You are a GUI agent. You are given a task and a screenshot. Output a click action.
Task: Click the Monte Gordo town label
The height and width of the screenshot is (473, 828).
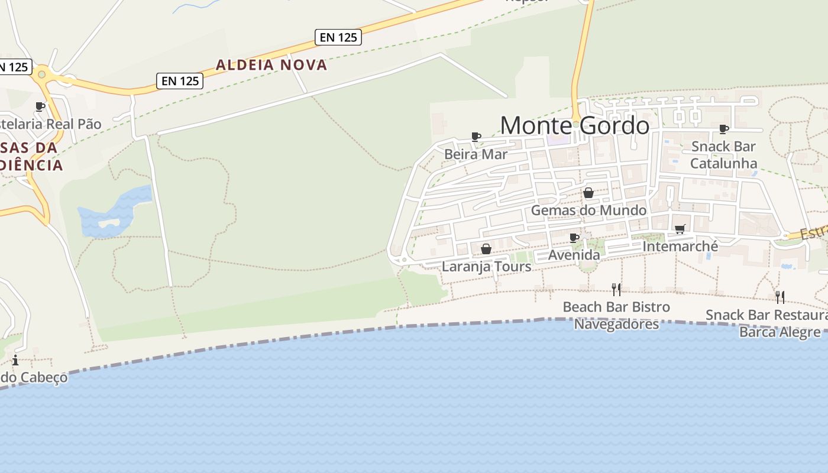(575, 125)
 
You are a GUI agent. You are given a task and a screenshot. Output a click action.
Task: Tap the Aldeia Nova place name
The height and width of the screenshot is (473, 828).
(271, 65)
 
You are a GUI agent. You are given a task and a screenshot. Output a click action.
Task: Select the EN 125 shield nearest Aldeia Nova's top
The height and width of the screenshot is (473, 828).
(338, 37)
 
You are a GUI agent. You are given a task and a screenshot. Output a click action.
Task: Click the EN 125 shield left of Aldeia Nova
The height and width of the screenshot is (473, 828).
(180, 81)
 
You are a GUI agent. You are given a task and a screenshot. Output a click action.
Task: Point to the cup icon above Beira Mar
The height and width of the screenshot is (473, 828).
(476, 137)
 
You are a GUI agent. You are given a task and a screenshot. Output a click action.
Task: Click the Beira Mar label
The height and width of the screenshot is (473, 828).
(476, 154)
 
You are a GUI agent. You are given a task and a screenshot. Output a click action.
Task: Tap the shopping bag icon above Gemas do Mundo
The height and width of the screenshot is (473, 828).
(588, 193)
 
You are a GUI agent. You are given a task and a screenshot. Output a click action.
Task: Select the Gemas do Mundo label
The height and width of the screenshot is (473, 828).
(588, 210)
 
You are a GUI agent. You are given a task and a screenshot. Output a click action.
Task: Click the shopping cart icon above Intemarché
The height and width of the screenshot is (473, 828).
(680, 229)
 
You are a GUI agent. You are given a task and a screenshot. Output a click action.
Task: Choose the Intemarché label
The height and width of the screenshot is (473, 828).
(680, 246)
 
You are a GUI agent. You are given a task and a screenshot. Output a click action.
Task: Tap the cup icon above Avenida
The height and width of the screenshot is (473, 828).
(574, 238)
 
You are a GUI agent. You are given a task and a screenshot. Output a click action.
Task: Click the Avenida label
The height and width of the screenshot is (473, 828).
(574, 255)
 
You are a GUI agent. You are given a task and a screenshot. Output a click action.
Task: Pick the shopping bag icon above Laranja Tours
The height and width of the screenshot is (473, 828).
(486, 249)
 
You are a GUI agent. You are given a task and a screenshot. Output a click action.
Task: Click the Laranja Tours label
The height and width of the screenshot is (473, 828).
(487, 267)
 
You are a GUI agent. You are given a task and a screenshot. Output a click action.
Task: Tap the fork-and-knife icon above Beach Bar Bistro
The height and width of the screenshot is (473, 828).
(616, 289)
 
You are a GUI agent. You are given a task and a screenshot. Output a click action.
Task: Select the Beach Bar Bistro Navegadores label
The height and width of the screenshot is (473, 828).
(616, 315)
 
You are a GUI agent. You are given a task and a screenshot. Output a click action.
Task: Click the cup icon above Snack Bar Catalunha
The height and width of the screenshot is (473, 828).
(724, 129)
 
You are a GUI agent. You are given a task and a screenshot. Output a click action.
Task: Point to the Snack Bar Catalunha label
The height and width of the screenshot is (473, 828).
(724, 154)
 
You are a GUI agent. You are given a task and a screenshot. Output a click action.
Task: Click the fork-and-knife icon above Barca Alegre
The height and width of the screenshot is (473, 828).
(780, 297)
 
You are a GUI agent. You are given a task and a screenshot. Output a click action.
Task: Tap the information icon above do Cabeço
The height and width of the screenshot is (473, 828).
(15, 360)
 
